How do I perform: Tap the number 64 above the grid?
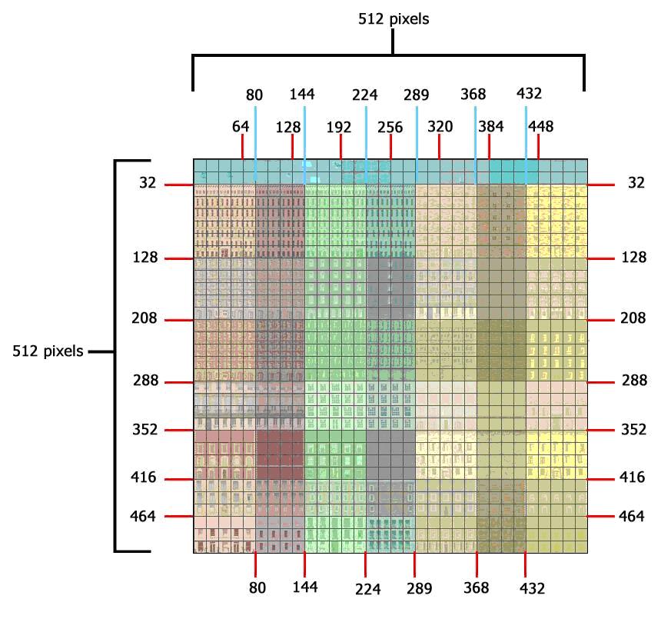click(x=241, y=127)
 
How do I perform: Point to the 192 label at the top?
click(x=339, y=127)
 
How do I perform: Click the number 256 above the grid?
click(x=390, y=127)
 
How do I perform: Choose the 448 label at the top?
click(x=541, y=126)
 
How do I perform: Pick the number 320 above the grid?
click(x=440, y=126)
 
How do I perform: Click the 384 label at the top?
click(x=491, y=126)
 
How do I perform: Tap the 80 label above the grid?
click(x=254, y=95)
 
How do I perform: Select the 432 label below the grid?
click(x=532, y=588)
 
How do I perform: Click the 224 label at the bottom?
click(x=367, y=589)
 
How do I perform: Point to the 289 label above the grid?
click(x=416, y=95)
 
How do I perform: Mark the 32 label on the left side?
click(x=148, y=183)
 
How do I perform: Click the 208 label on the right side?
click(x=633, y=318)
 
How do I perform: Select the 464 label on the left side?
click(x=143, y=516)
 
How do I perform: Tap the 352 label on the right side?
click(x=634, y=429)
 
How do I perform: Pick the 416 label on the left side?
click(x=144, y=477)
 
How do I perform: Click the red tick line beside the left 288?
click(x=179, y=382)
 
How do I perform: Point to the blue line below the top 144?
click(x=304, y=145)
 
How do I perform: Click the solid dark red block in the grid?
click(x=280, y=454)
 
